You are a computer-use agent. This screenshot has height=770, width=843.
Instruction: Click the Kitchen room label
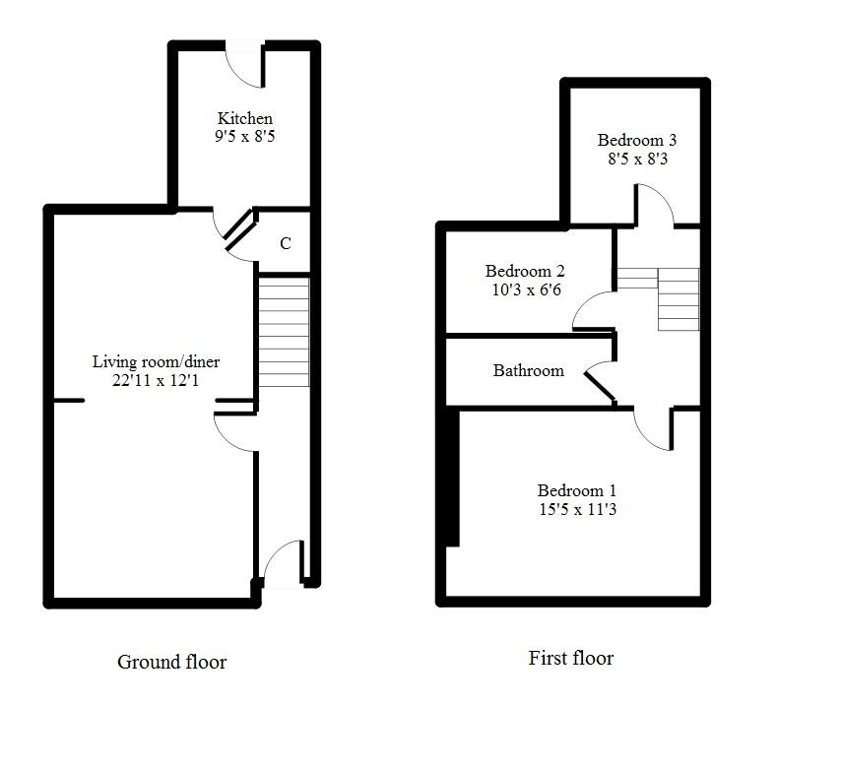pyautogui.click(x=244, y=119)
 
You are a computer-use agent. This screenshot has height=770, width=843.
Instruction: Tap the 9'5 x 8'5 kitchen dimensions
pyautogui.click(x=244, y=137)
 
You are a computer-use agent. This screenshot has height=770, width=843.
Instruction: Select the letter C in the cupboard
pyautogui.click(x=286, y=244)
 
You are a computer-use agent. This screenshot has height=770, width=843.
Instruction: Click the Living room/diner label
pyautogui.click(x=156, y=362)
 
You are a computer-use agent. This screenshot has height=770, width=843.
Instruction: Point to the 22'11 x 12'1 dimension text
pyautogui.click(x=156, y=380)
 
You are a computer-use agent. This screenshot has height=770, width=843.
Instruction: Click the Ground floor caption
pyautogui.click(x=171, y=662)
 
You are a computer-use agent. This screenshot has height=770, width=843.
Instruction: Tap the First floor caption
pyautogui.click(x=570, y=658)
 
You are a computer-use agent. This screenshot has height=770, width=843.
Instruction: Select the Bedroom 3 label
pyautogui.click(x=637, y=140)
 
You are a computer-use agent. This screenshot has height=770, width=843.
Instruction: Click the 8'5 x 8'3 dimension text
pyautogui.click(x=637, y=158)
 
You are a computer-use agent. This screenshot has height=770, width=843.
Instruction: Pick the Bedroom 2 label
pyautogui.click(x=524, y=272)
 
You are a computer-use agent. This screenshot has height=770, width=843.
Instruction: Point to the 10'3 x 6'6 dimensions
pyautogui.click(x=524, y=290)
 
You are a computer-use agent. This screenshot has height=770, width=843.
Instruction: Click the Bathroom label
pyautogui.click(x=529, y=371)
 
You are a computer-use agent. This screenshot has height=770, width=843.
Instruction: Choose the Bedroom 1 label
pyautogui.click(x=577, y=491)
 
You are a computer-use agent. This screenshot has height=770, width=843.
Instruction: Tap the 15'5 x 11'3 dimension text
pyautogui.click(x=577, y=510)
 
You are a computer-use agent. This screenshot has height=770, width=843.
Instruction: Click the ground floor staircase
pyautogui.click(x=284, y=331)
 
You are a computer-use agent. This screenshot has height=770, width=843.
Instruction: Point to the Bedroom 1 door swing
pyautogui.click(x=652, y=429)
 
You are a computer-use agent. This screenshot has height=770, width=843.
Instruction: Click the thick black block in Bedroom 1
pyautogui.click(x=452, y=478)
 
